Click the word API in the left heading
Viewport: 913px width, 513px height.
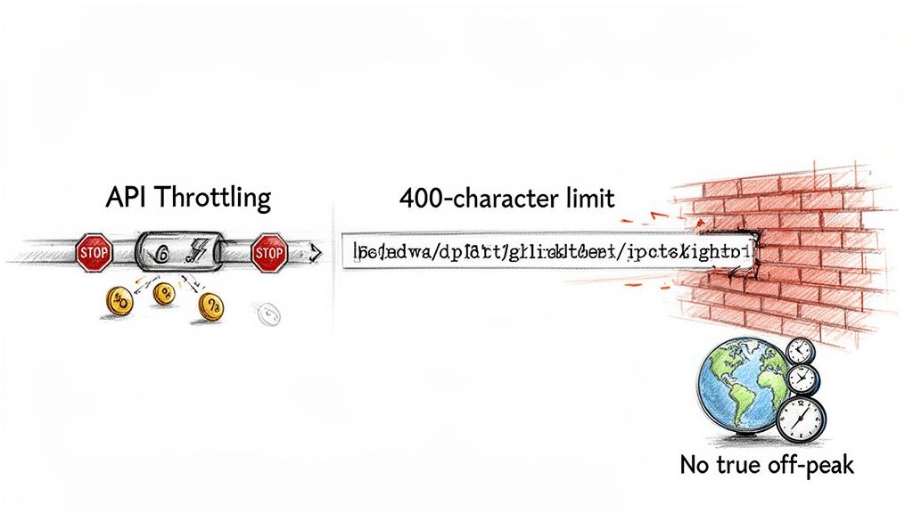pyautogui.click(x=124, y=197)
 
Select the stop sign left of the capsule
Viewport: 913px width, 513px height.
pyautogui.click(x=93, y=254)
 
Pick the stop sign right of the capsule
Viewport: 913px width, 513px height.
pyautogui.click(x=268, y=255)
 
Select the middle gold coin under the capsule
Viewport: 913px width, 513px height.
pyautogui.click(x=164, y=293)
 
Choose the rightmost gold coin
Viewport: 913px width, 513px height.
pyautogui.click(x=210, y=307)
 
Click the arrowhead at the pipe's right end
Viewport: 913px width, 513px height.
pyautogui.click(x=314, y=256)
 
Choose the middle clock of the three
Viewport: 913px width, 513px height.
pyautogui.click(x=803, y=379)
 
